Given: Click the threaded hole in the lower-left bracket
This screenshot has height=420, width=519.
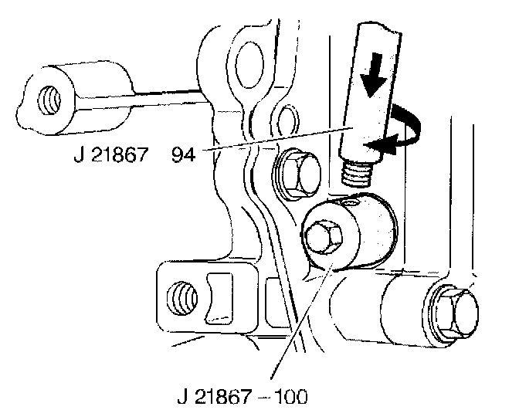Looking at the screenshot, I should click(x=183, y=294).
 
